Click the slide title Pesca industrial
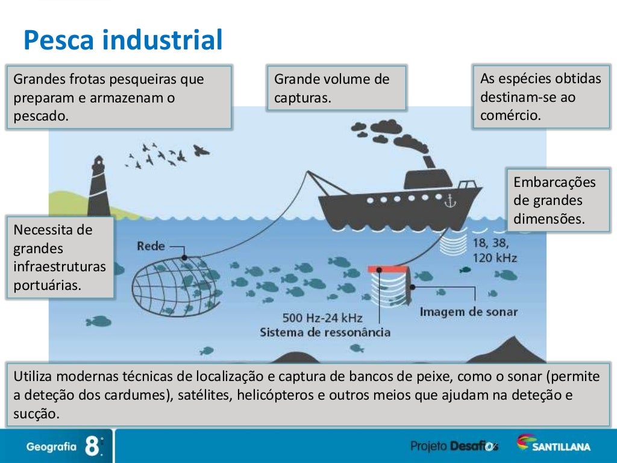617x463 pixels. (x=123, y=40)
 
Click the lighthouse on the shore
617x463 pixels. (x=99, y=184)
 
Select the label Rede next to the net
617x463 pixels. (x=151, y=246)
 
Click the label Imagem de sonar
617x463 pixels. (x=468, y=312)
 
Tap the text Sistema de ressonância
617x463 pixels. (x=325, y=332)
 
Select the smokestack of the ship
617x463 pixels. (x=429, y=162)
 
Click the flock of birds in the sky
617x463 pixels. (x=166, y=156)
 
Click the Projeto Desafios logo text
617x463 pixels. (x=454, y=446)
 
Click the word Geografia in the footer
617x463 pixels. (x=51, y=447)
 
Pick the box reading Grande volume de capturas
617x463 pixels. (x=336, y=88)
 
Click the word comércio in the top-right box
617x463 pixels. (x=510, y=115)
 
